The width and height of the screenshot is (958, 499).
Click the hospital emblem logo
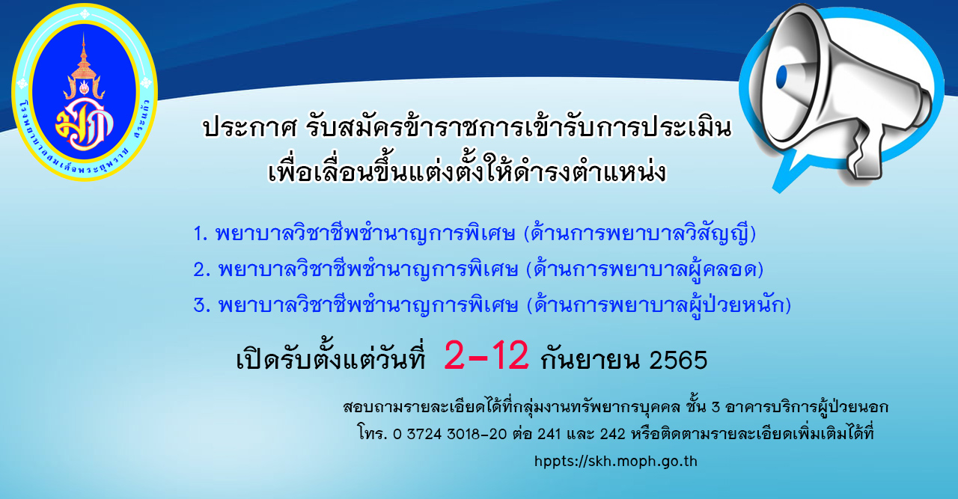pos(85,92)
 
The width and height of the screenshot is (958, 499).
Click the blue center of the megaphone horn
pos(782,77)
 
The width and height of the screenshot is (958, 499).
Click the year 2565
pos(678,360)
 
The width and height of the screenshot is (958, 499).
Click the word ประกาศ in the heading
pos(250,127)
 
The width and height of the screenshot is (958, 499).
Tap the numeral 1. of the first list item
pos(201,233)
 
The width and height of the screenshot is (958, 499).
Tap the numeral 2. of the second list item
pos(202,269)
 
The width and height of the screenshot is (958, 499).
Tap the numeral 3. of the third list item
pos(202,305)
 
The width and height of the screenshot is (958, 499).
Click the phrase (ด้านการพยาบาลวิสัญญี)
pos(640,233)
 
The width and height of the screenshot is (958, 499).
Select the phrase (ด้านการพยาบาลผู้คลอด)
pos(645,269)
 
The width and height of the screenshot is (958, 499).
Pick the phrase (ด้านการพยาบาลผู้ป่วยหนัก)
pos(659,305)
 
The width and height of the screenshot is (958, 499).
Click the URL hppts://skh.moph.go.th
pos(616,462)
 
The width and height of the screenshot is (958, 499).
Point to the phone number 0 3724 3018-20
pos(450,435)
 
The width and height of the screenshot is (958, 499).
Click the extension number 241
pos(549,435)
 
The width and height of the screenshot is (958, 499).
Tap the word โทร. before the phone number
pos(373,434)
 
